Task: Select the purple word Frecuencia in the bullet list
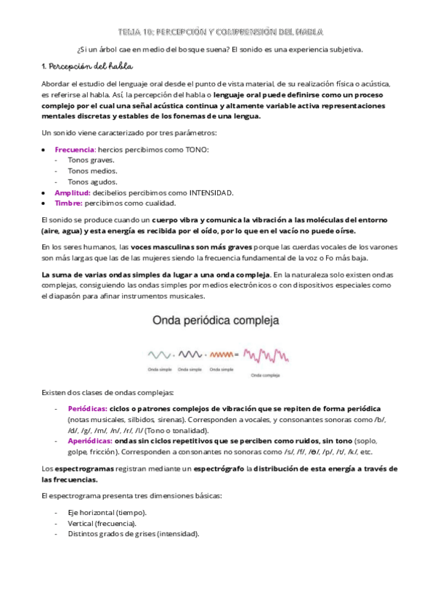click(x=74, y=150)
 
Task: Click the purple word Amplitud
click(x=72, y=192)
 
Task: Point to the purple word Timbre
click(x=69, y=203)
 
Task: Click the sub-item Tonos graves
click(x=91, y=160)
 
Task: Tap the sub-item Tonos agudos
click(x=92, y=182)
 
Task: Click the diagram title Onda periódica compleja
click(x=216, y=320)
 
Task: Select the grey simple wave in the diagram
click(x=160, y=355)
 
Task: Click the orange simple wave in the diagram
click(x=219, y=355)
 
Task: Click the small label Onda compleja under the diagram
click(x=265, y=376)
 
